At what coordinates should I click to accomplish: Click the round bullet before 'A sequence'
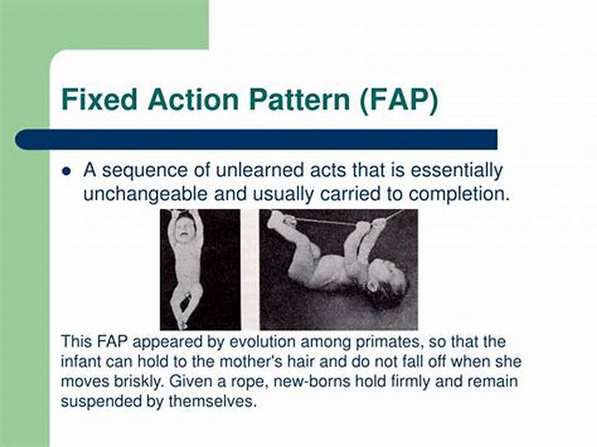tap(66, 172)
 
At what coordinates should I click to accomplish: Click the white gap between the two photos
tap(249, 269)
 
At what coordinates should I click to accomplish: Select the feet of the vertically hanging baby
tap(180, 317)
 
